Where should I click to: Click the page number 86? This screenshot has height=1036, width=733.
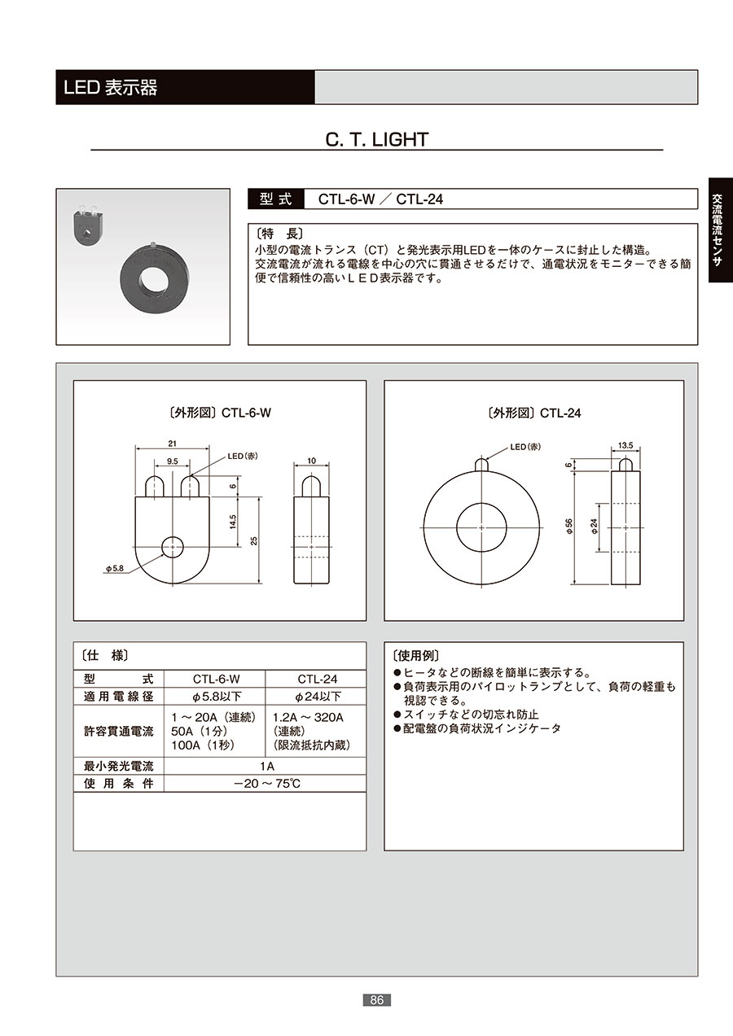(376, 1000)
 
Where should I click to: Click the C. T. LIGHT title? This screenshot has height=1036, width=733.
(376, 139)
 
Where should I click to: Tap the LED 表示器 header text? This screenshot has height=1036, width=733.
(111, 87)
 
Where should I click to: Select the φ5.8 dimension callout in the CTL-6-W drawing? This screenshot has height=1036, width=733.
(115, 568)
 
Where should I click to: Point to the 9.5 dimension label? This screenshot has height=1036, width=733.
(172, 461)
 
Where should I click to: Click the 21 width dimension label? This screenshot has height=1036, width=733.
(172, 444)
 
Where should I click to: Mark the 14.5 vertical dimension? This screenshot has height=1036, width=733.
(233, 522)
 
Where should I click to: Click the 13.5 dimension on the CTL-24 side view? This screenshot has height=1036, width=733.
(625, 445)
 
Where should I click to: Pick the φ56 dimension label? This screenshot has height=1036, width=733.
(569, 527)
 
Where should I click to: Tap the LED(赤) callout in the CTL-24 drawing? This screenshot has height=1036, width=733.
(525, 447)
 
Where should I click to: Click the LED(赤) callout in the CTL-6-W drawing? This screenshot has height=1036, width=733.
(243, 456)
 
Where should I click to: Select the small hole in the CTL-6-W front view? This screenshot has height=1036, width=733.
(173, 547)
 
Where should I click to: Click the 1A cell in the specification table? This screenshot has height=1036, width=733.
(267, 767)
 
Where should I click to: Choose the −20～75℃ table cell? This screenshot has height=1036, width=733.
(267, 784)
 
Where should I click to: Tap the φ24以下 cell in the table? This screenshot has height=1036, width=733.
(318, 696)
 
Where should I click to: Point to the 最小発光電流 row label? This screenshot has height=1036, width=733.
(118, 767)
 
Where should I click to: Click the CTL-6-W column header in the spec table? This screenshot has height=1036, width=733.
(216, 679)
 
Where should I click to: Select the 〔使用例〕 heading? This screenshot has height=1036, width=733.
(415, 655)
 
